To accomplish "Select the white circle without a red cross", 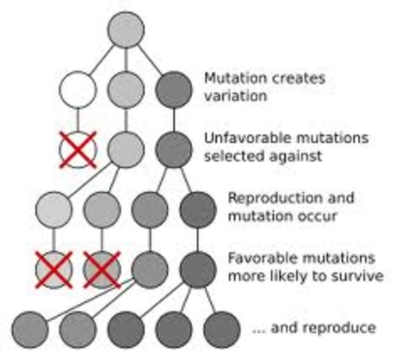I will tap(78, 89).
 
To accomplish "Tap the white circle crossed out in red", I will tap(78, 149).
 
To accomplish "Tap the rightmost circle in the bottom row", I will tap(221, 328).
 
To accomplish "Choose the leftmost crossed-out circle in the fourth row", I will tap(54, 269).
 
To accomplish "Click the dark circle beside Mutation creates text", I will tap(174, 89).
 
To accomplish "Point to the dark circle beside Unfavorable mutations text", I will tap(174, 149).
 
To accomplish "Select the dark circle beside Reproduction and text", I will tap(197, 209).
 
